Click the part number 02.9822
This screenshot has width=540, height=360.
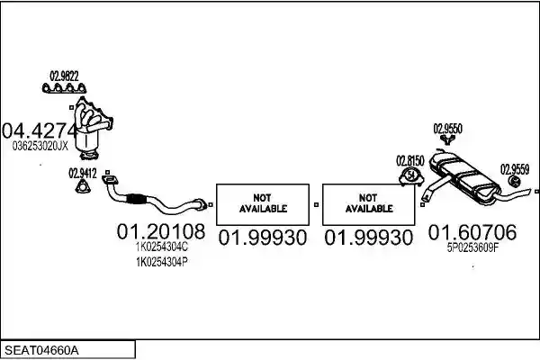tap(65, 76)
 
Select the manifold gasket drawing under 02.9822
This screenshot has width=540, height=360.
tap(64, 88)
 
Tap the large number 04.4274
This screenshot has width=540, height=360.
tap(39, 130)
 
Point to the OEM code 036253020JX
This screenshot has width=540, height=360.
tap(40, 147)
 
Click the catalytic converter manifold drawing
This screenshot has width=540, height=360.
tap(93, 128)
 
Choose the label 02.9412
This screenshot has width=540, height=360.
tap(83, 174)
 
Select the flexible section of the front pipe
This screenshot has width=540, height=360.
tap(136, 200)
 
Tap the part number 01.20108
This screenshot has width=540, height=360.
tap(161, 231)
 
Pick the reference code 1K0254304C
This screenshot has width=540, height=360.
tap(162, 247)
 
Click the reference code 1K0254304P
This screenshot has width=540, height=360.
tap(162, 263)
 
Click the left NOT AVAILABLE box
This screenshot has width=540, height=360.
tap(263, 204)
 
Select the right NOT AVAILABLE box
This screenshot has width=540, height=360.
tap(368, 204)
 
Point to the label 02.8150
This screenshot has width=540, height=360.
tap(410, 161)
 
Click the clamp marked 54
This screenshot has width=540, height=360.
tap(411, 175)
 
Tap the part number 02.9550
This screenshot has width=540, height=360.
tap(447, 129)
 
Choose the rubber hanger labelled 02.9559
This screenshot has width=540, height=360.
tap(515, 182)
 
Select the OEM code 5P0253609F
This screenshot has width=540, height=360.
tap(472, 247)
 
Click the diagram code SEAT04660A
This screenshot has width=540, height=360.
tap(41, 351)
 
